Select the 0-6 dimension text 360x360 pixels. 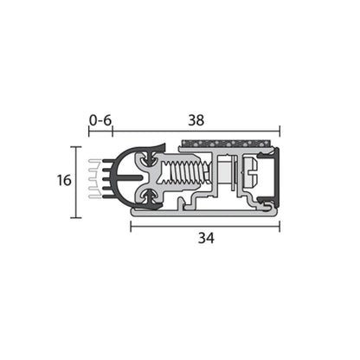coord(100,120)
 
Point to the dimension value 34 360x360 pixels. coord(205,238)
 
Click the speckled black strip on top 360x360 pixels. coord(229,141)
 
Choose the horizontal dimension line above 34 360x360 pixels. coord(205,226)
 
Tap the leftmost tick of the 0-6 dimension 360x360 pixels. coord(88,132)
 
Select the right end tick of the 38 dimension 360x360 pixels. coord(280,132)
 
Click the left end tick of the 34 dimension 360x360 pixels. coord(131,226)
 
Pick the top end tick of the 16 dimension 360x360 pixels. coord(76,147)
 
